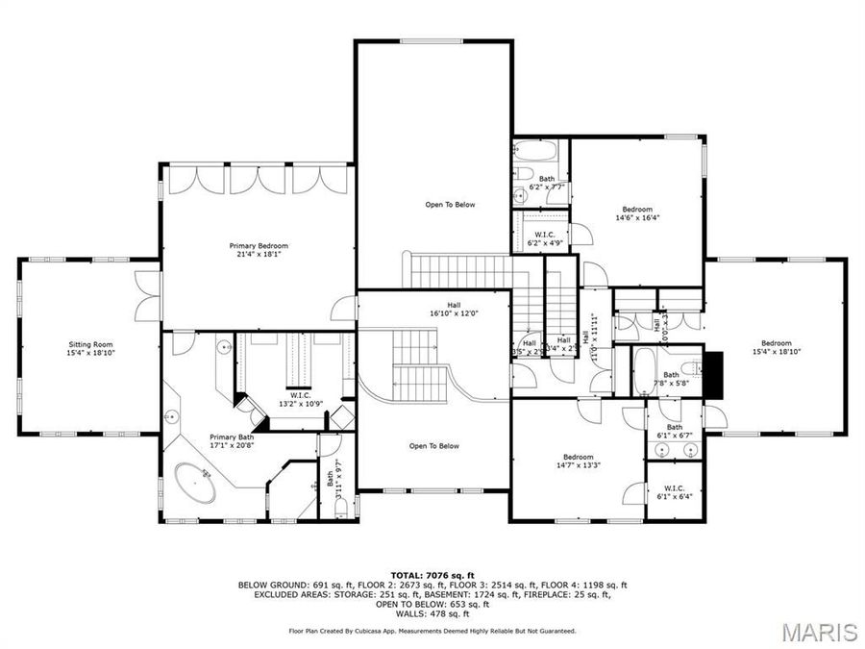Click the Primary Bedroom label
259,250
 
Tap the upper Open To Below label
450,205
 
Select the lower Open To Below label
434,446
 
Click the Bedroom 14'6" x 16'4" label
637,213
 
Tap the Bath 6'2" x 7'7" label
546,183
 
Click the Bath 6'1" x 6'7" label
675,431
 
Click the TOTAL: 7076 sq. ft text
432,574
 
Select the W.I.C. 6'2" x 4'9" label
546,238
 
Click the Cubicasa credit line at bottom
432,632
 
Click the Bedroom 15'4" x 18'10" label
777,348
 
